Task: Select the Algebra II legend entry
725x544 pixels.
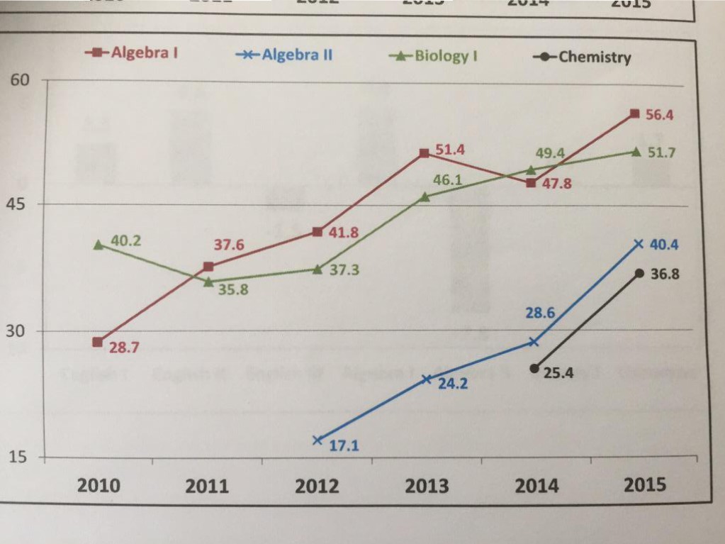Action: coord(283,55)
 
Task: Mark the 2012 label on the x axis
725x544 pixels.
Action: coord(317,487)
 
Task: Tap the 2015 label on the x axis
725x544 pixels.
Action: coord(644,484)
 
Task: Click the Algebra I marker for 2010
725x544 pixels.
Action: coord(98,342)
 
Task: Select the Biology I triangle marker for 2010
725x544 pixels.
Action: coord(99,245)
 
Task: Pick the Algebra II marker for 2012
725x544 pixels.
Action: coord(317,440)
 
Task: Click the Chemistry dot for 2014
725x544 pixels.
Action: coord(534,368)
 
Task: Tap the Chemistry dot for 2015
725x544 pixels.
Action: coord(639,273)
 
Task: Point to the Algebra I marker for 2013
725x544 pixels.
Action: coord(424,153)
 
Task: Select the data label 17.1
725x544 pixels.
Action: coord(344,446)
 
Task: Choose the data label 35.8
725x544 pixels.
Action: coord(232,290)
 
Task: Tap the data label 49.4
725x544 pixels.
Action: coord(549,152)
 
